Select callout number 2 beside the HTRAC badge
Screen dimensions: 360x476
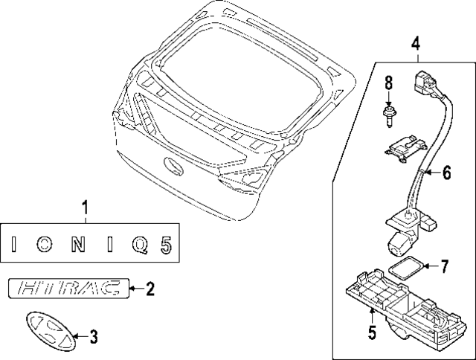[x=150, y=288]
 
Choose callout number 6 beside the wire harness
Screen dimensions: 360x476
[x=446, y=173]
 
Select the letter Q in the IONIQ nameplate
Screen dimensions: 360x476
[x=136, y=243]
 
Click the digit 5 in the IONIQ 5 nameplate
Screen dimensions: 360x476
[x=166, y=243]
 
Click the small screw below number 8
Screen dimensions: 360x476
[x=387, y=114]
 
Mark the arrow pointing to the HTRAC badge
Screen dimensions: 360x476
[x=132, y=288]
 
